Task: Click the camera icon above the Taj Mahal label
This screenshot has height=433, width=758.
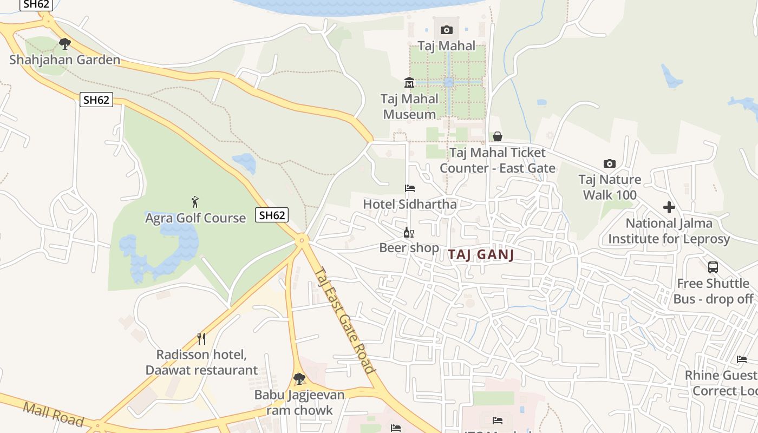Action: (446, 30)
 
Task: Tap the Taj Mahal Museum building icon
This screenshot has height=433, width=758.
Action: (409, 83)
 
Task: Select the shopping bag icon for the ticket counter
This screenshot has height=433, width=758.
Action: (497, 136)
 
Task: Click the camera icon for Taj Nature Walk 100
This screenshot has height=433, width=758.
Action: (609, 163)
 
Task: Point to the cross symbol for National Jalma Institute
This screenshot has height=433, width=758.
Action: (669, 207)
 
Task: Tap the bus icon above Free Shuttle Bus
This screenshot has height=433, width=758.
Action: (713, 267)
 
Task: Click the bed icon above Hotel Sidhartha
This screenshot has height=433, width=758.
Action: (410, 188)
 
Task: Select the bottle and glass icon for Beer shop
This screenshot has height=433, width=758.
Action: (408, 233)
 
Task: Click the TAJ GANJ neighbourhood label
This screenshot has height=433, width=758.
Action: (481, 255)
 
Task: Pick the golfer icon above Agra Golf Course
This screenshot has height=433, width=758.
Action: (195, 202)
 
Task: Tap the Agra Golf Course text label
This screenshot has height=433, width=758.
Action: (195, 218)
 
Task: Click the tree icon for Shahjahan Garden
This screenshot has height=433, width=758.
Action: (65, 43)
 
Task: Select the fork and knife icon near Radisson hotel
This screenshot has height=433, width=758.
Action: (201, 339)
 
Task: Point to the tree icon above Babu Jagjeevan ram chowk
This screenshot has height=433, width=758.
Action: (299, 378)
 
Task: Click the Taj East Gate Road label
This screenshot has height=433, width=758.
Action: (345, 320)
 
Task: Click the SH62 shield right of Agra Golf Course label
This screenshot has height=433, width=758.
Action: (272, 215)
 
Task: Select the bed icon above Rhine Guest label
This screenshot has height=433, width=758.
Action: (741, 359)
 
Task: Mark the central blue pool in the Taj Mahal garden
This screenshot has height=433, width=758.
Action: (448, 82)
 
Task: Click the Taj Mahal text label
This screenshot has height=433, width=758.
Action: (446, 45)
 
